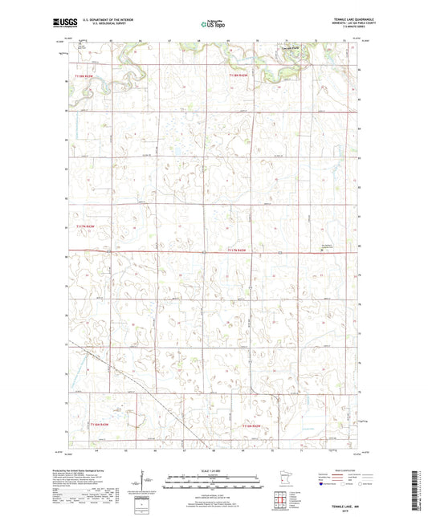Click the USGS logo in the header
tap(63, 24)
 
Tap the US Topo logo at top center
tap(212, 25)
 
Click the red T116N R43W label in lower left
tap(100, 422)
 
